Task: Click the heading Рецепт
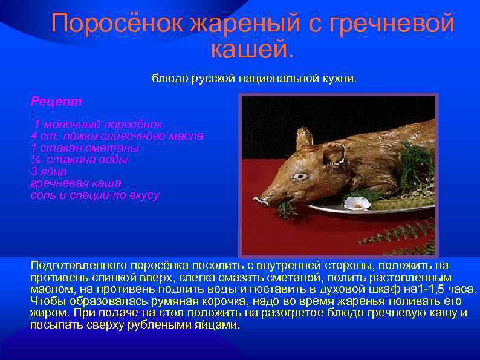coord(56,100)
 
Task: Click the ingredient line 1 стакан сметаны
coord(85,148)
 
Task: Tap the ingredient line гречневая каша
coord(76,183)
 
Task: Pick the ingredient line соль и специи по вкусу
coord(94,195)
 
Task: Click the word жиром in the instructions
coord(48,313)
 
